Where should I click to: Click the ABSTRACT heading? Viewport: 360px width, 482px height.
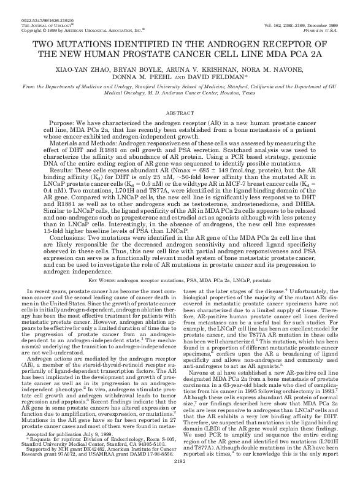click(180, 115)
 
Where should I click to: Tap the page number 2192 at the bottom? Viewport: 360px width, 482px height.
click(180, 478)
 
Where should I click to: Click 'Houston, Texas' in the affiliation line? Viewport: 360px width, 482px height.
click(240, 95)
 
